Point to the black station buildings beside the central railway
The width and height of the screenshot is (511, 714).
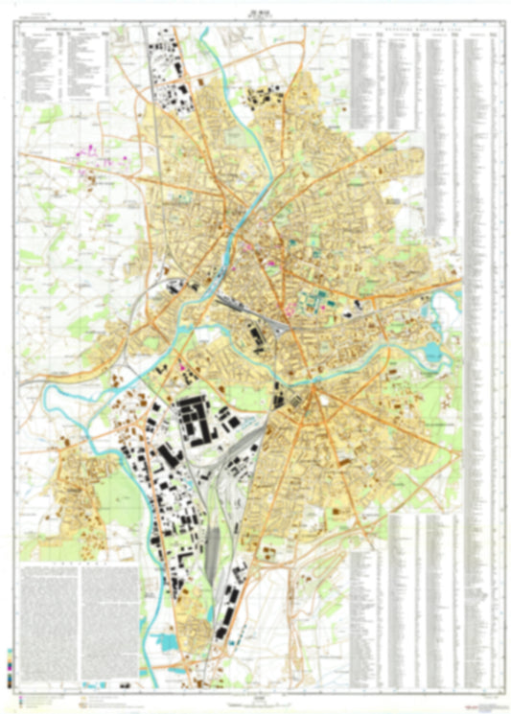pyautogui.click(x=257, y=336)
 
